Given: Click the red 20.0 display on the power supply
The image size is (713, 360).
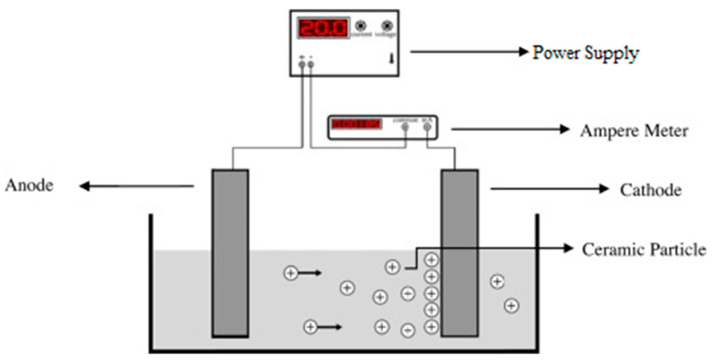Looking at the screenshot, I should coord(323,28).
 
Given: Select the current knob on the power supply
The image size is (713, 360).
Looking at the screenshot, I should coord(361,26).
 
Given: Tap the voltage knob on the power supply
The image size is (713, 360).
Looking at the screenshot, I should coord(387,26).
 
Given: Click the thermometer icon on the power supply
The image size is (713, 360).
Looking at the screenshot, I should coord(391,59).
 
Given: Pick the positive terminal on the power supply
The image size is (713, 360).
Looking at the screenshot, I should coord(302,64).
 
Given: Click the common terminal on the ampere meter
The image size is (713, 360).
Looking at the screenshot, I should coord(405,127).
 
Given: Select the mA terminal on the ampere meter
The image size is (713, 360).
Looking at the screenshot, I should coord(427,127).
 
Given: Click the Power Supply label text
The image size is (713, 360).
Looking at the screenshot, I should coord(585,53).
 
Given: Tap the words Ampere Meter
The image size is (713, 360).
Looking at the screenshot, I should coord(634,131).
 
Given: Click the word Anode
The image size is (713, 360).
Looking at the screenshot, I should coord(29,186).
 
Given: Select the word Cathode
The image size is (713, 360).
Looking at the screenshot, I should coord(650,190).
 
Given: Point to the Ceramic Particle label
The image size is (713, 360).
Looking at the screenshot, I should coord(643,250).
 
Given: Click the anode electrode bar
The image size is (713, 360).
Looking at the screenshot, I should coord(230,253).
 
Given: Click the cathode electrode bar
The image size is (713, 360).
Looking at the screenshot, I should coord(460,253).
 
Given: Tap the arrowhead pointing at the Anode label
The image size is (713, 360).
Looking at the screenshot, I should coord(84,186).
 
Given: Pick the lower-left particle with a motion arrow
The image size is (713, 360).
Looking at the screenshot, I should coord(310,327).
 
